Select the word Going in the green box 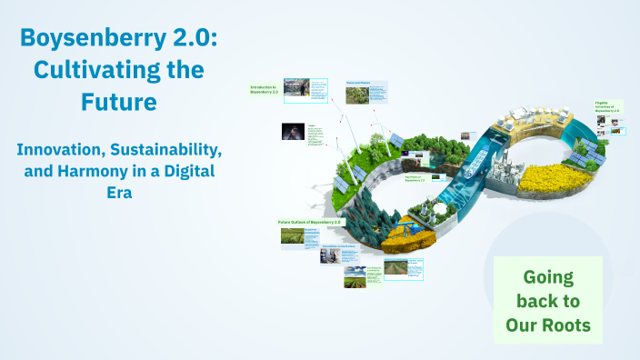coord(548,276)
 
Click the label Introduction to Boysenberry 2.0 coord(265,89)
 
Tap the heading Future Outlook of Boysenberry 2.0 coord(310,222)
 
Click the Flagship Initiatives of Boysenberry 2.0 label coord(607,106)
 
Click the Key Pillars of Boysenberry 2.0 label coord(416,179)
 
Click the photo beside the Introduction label coord(295,87)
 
